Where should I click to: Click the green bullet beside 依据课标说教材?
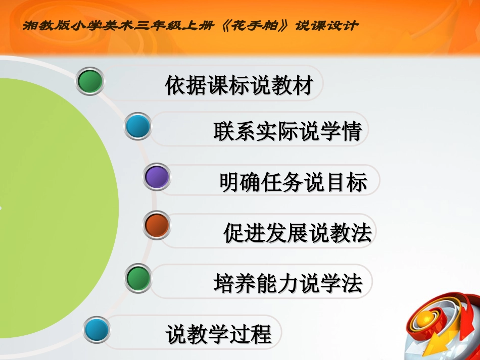coord(90,81)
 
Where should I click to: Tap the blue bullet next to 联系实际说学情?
coord(138,126)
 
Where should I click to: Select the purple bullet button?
coord(157,177)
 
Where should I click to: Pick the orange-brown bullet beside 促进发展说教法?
coord(157,225)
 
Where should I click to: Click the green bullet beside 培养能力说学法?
coord(138,278)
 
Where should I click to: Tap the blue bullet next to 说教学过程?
coord(97,330)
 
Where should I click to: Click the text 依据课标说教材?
coord(239,85)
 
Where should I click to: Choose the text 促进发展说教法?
coord(297,233)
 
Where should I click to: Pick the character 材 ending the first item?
coord(303,85)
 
